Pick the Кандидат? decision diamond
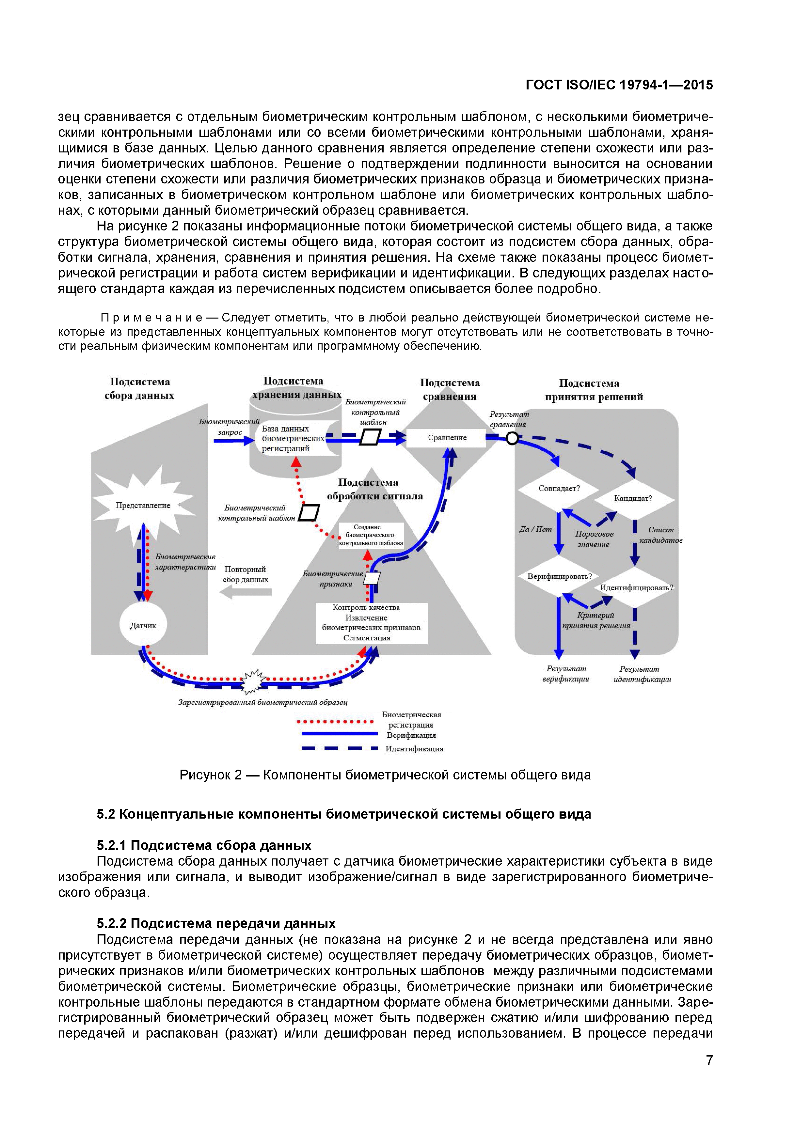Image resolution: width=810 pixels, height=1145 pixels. (x=633, y=498)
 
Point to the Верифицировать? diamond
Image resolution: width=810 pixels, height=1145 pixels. (x=559, y=576)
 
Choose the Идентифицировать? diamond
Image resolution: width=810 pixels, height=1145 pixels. (x=636, y=588)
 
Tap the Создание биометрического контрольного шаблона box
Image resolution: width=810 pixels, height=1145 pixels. (x=371, y=535)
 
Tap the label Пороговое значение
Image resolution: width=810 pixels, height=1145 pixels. (x=594, y=539)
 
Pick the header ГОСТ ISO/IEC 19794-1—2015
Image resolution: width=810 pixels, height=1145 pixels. (x=619, y=85)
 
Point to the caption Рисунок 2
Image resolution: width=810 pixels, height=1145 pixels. (x=385, y=775)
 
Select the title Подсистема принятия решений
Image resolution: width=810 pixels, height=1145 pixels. (x=594, y=390)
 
